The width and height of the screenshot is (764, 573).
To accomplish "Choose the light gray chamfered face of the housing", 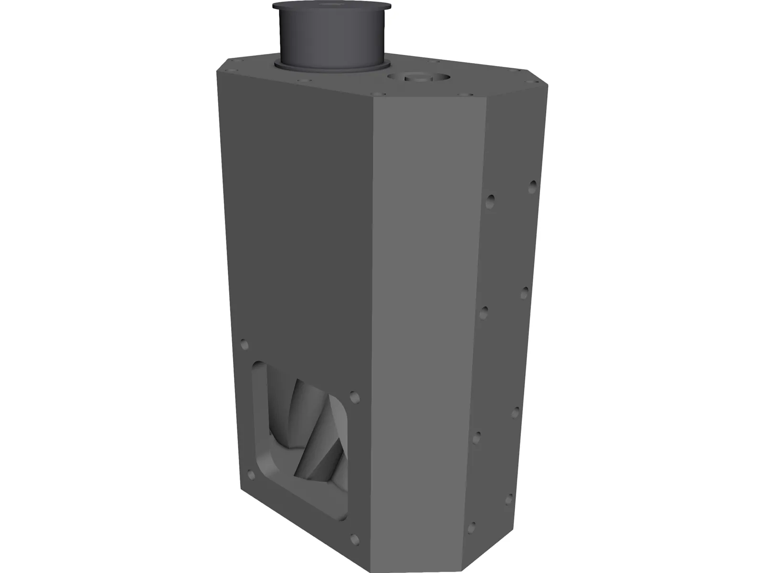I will point(425,310).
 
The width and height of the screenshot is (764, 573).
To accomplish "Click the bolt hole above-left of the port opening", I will point(245,344).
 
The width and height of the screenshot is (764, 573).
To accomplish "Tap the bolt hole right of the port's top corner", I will point(354,397).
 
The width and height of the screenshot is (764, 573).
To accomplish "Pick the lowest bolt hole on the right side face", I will point(509,499).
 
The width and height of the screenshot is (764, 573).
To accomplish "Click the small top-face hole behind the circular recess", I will point(434,62).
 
